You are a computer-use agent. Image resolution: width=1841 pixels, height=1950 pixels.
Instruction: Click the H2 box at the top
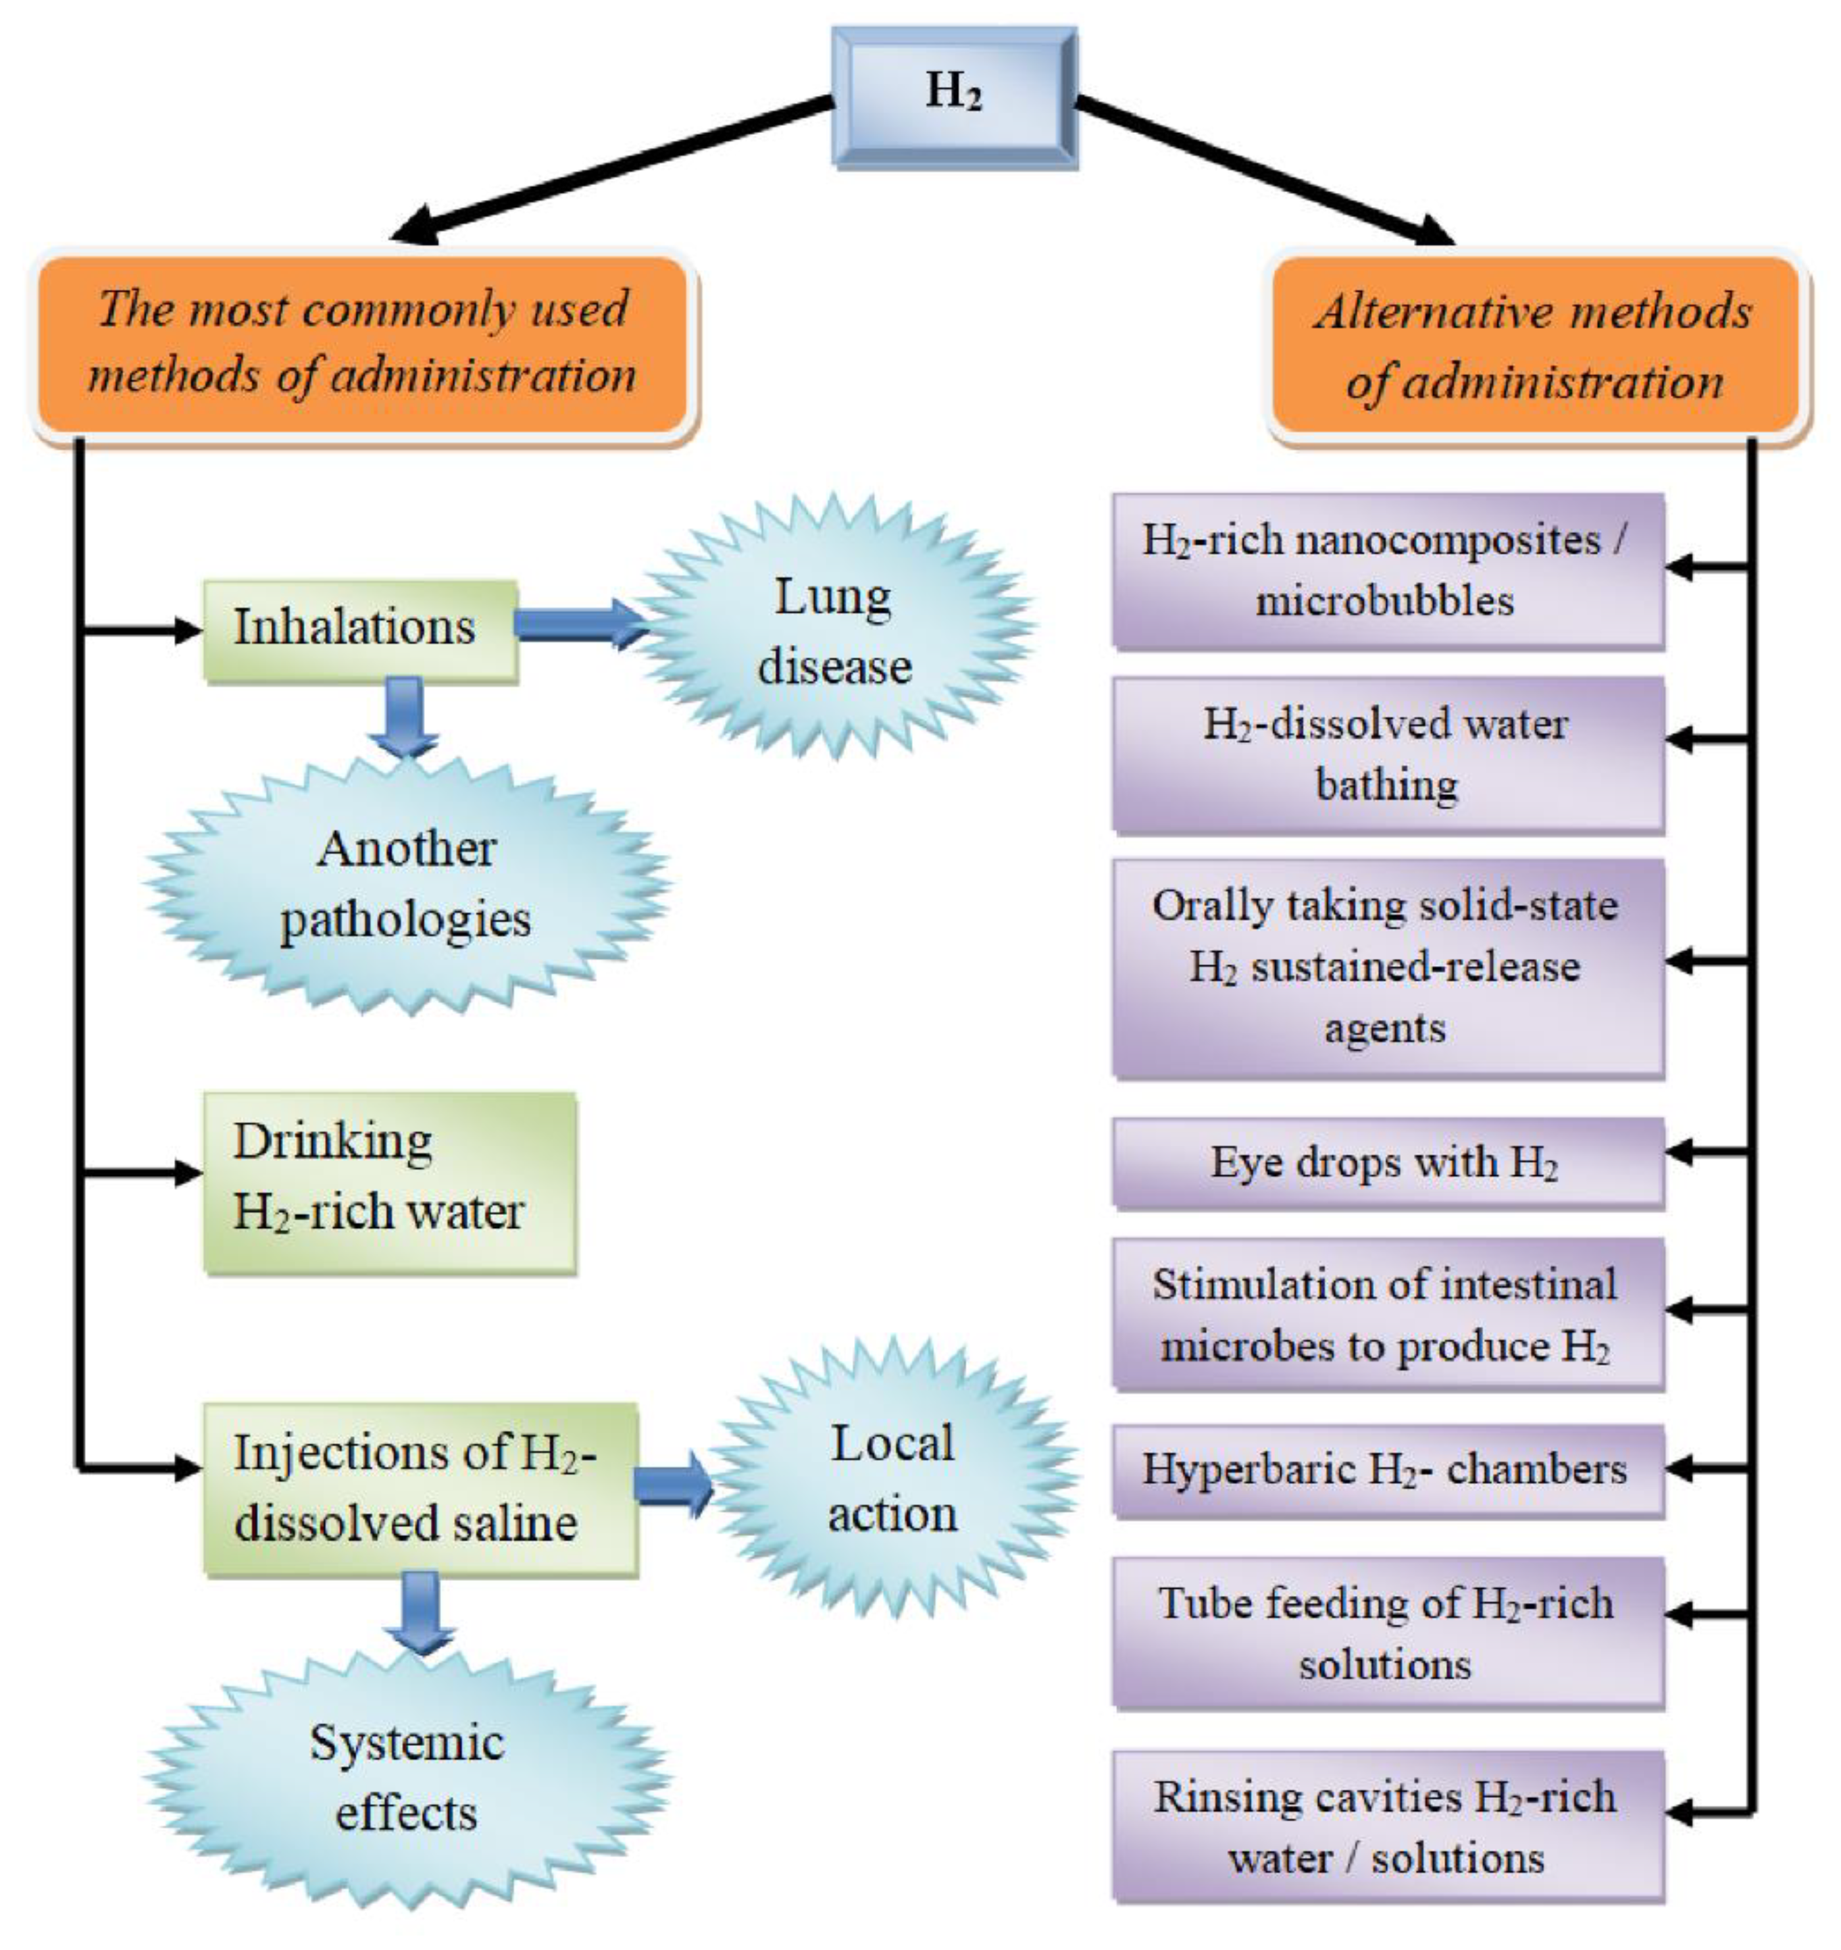pyautogui.click(x=954, y=96)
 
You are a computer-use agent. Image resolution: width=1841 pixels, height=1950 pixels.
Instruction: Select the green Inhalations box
pyautogui.click(x=360, y=629)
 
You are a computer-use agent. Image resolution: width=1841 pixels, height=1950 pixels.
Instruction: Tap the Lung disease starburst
pyautogui.click(x=834, y=631)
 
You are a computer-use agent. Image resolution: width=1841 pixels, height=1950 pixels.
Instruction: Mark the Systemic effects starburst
pyautogui.click(x=406, y=1778)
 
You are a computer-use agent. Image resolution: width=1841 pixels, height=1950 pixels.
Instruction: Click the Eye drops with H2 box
pyautogui.click(x=1386, y=1162)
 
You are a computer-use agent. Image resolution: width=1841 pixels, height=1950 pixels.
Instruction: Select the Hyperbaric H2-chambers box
pyautogui.click(x=1386, y=1469)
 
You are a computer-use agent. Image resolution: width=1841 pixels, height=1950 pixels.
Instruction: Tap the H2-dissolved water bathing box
pyautogui.click(x=1386, y=754)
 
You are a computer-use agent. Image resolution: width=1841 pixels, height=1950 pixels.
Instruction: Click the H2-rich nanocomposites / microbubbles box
pyautogui.click(x=1386, y=570)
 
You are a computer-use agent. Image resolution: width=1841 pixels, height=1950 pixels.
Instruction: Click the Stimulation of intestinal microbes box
pyautogui.click(x=1386, y=1314)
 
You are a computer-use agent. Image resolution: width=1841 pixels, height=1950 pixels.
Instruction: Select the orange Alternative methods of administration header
pyautogui.click(x=1535, y=346)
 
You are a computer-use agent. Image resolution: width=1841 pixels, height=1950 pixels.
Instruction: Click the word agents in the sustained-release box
pyautogui.click(x=1384, y=1029)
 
